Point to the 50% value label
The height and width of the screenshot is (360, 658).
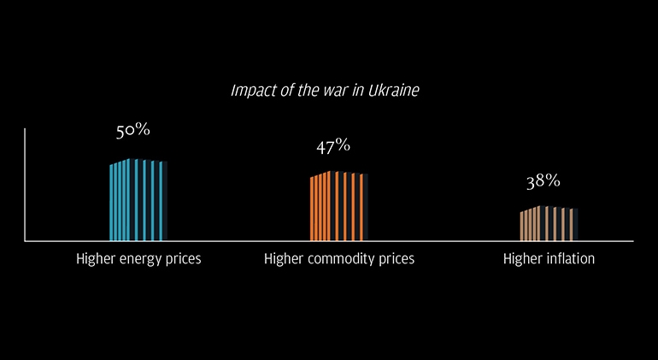click(133, 131)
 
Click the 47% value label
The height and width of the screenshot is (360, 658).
click(333, 145)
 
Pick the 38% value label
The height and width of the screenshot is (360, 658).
click(543, 181)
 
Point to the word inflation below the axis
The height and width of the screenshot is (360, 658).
click(568, 258)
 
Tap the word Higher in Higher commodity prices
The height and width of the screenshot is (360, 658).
click(285, 258)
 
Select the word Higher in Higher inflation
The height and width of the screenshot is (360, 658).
click(523, 258)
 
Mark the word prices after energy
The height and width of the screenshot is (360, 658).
click(184, 258)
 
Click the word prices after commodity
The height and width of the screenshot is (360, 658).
click(397, 258)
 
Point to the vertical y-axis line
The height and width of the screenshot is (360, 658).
click(25, 184)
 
